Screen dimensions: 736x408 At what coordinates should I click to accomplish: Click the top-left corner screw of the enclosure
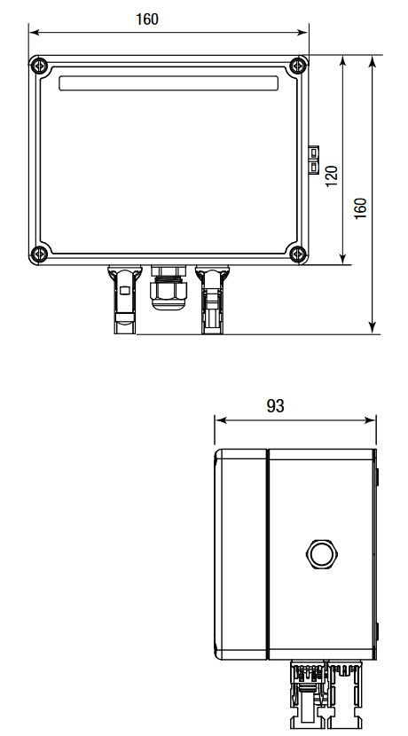(x=38, y=65)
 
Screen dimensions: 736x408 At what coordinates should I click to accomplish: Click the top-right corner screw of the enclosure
(x=299, y=65)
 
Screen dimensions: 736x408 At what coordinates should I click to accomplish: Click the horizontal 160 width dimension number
(x=145, y=19)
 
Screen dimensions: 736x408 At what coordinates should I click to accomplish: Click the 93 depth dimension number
(x=275, y=406)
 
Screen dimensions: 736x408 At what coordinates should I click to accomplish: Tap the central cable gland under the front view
(x=168, y=288)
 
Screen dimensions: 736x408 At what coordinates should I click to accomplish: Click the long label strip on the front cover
(x=168, y=83)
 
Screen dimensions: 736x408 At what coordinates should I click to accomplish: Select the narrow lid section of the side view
(x=241, y=554)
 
